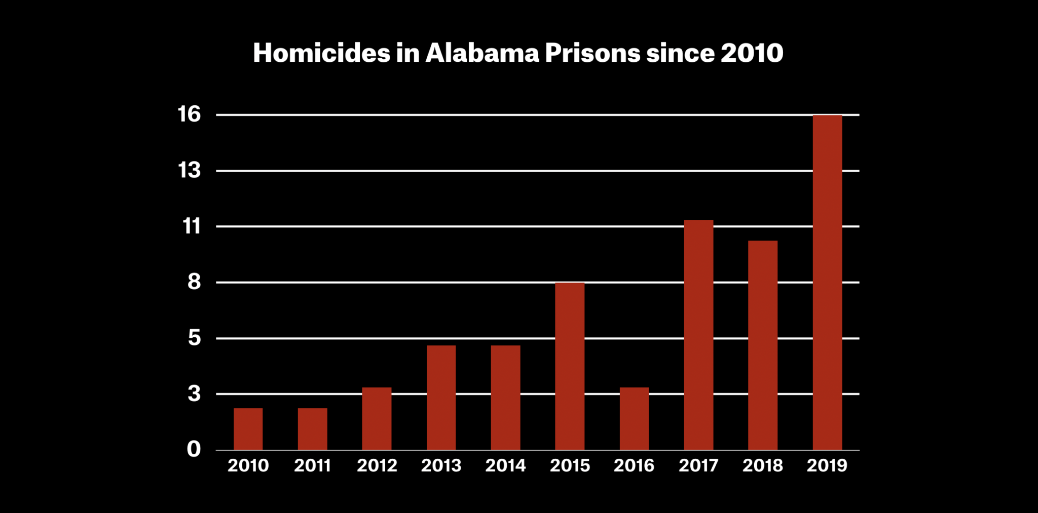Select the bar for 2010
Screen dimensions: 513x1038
coord(248,429)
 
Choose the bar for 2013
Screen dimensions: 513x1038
coord(441,398)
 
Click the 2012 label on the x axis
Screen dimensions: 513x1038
coord(377,465)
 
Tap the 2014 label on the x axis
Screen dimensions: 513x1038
coord(505,465)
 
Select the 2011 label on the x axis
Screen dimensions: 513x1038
coord(312,465)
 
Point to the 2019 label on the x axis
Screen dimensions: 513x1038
coord(827,465)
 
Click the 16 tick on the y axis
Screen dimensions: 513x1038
coord(189,114)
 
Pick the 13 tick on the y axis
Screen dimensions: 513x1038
coord(189,171)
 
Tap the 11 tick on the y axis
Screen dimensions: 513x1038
coord(191,226)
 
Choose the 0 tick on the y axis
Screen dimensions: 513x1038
coord(194,449)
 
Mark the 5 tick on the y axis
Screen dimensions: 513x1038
coord(194,338)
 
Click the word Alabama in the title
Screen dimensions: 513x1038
coord(482,53)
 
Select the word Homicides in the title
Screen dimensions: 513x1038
coord(321,53)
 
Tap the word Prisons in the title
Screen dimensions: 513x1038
coord(592,53)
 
